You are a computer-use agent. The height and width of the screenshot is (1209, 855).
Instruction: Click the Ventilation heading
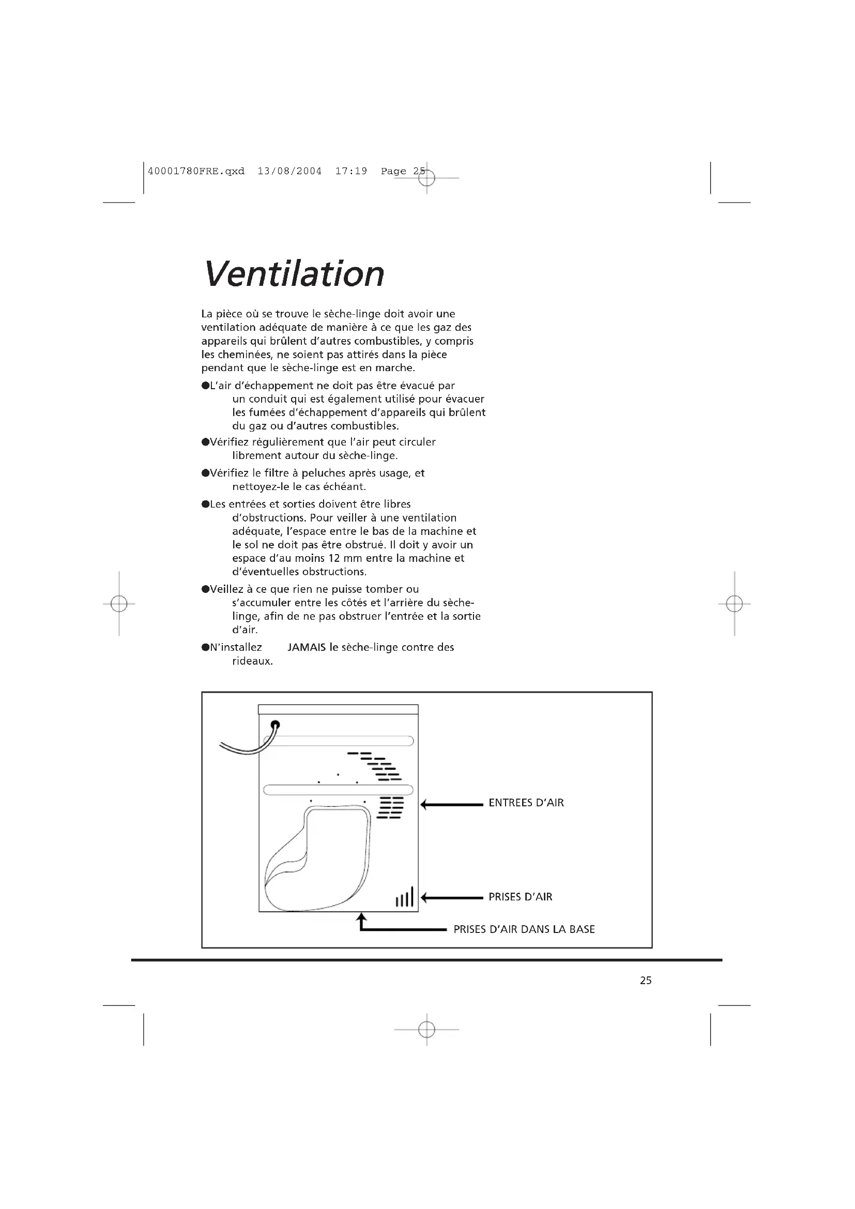tap(294, 274)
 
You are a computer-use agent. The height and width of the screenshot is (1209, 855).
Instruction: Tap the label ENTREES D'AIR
tap(526, 803)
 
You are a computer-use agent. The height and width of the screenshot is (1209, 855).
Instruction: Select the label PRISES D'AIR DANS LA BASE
tap(524, 929)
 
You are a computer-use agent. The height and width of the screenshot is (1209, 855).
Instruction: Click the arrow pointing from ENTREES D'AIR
tap(452, 805)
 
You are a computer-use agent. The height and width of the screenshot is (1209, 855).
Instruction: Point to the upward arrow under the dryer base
tap(362, 921)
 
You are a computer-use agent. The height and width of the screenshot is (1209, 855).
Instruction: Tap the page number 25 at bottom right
tap(646, 980)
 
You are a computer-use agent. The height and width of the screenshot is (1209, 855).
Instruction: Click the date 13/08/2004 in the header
tap(289, 171)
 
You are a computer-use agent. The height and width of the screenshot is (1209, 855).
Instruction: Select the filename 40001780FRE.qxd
tap(196, 171)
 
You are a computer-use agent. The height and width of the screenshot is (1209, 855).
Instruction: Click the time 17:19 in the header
tap(351, 171)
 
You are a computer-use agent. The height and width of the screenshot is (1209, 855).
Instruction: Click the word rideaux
tap(252, 661)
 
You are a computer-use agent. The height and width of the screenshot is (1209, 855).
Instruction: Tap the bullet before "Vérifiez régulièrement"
tap(205, 442)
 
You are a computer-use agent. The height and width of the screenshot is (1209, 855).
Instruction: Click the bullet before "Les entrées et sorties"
tap(205, 504)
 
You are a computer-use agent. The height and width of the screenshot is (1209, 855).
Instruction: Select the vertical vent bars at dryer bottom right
tap(404, 897)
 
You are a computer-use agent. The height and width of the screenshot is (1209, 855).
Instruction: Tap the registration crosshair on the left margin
tap(119, 603)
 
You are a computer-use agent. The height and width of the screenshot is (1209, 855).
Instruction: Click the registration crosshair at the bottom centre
tap(426, 1030)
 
